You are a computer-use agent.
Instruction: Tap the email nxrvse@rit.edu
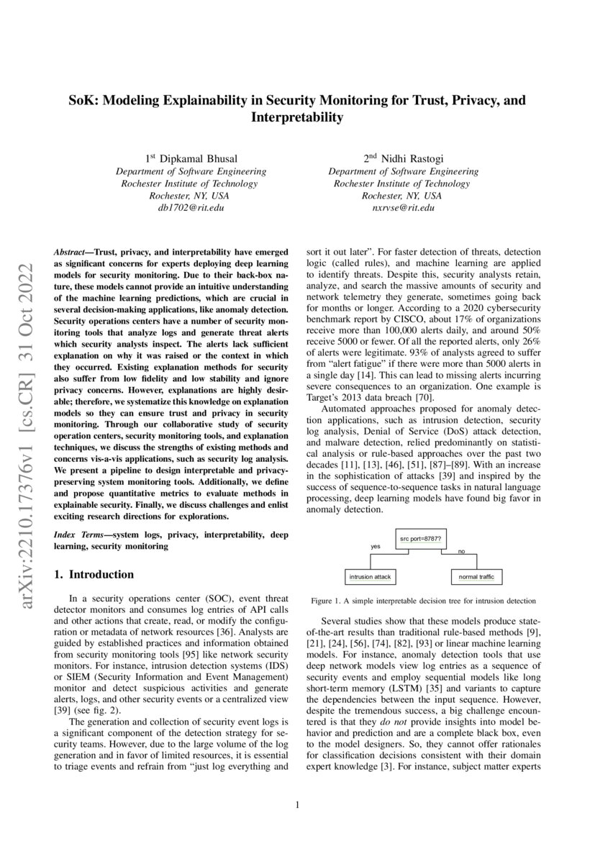403,208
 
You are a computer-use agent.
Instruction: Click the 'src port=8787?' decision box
420,538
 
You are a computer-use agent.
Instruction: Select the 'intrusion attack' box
370,577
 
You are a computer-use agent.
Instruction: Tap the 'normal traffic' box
476,577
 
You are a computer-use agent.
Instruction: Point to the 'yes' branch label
375,547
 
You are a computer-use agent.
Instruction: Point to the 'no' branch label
461,551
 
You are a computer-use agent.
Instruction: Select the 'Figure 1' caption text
423,600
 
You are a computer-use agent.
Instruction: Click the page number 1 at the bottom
297,805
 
